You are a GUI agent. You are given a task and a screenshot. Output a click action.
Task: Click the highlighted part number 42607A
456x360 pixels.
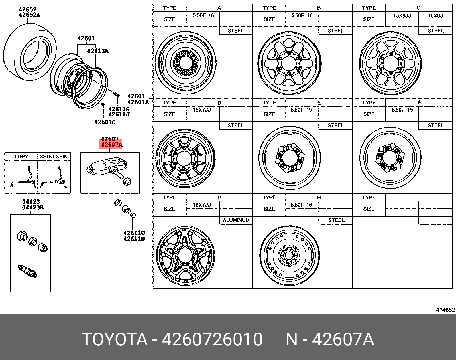[111, 145]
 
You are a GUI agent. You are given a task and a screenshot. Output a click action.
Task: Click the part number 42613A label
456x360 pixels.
[98, 51]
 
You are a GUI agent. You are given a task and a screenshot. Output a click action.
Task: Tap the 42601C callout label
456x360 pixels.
[105, 122]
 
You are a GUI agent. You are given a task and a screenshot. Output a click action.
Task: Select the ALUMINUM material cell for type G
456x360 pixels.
[236, 220]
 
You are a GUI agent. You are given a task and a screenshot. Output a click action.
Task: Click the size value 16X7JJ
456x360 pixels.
[202, 205]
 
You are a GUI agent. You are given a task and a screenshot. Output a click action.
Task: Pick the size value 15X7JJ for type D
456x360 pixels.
[202, 110]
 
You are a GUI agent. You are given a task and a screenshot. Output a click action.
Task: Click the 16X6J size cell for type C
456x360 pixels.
[435, 16]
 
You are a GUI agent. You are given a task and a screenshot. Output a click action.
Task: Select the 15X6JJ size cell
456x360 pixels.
[402, 16]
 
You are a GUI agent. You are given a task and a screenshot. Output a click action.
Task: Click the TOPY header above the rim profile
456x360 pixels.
[21, 157]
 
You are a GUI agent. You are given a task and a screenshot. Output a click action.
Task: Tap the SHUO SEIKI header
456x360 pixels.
[54, 157]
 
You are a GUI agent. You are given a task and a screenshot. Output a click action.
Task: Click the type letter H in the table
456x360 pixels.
[319, 198]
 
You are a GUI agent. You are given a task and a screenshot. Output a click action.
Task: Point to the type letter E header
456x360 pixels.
[319, 103]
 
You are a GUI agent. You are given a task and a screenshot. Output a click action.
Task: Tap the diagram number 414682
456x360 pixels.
[445, 310]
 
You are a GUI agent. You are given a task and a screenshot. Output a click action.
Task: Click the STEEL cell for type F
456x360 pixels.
[435, 126]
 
